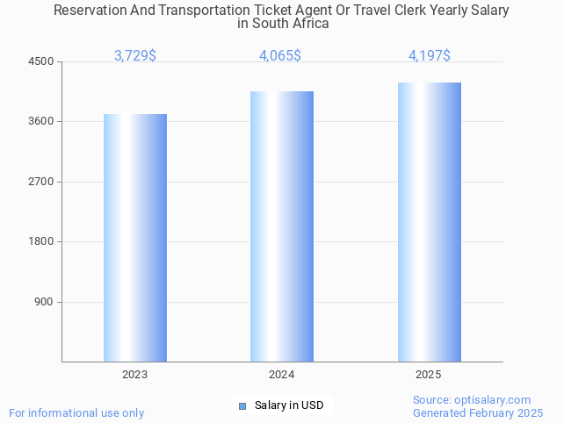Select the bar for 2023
[135, 238]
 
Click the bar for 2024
[282, 226]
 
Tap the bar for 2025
[429, 222]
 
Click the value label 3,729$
[135, 56]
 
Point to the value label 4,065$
[280, 56]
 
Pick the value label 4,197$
[430, 56]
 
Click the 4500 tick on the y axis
[40, 61]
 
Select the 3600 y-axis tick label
[40, 122]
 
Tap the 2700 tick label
[40, 182]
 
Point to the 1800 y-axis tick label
[40, 242]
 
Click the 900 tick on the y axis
[44, 302]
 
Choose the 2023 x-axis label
[135, 375]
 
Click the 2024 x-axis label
[282, 375]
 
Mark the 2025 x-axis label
[429, 375]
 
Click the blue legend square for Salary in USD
[242, 405]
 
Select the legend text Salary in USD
[289, 405]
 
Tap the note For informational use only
[76, 412]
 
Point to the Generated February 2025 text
[478, 412]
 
